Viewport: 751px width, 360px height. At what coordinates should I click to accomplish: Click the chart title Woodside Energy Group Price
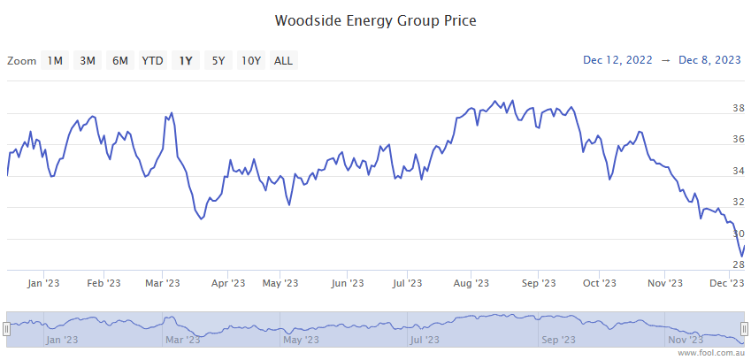coord(375,19)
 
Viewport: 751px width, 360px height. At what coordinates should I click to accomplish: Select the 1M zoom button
coord(55,60)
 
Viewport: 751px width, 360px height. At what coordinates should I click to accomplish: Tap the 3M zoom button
coord(88,60)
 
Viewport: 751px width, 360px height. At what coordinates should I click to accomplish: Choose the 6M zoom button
coord(120,60)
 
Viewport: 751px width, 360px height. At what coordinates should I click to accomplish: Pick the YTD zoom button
coord(153,60)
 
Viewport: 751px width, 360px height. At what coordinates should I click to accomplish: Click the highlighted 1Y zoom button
coord(186,60)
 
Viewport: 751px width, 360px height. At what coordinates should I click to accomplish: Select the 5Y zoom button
coord(218,60)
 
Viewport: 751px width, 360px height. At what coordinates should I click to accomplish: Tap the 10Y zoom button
coord(251,60)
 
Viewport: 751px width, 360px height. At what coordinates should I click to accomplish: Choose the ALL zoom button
coord(284,60)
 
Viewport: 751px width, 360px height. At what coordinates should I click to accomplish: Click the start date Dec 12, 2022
coord(617,60)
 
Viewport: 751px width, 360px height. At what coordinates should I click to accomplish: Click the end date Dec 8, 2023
coord(709,60)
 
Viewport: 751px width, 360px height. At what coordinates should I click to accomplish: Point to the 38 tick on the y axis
coord(738,108)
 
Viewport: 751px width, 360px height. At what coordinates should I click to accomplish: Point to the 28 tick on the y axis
coord(738,264)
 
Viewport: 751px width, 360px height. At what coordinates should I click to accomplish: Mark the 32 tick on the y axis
coord(738,202)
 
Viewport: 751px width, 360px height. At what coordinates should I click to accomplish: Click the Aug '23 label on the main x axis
coord(471,283)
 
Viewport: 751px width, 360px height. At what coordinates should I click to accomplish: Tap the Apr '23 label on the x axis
coord(228,283)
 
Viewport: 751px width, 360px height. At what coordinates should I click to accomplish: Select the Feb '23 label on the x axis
coord(103,283)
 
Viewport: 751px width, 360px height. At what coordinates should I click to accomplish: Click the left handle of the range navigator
coord(6,328)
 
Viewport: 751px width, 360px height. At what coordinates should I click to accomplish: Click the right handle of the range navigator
coord(745,328)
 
